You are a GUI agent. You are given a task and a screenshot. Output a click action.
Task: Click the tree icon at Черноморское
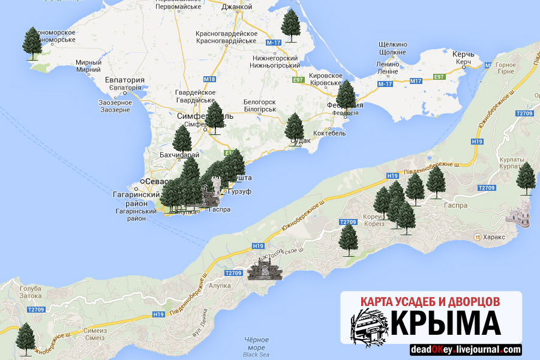[32, 43]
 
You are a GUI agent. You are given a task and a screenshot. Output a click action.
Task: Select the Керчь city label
[464, 55]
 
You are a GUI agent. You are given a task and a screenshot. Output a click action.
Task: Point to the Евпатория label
[125, 80]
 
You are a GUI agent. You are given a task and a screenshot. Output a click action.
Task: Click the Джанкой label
[237, 7]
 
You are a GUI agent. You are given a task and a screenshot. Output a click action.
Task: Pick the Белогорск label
[260, 102]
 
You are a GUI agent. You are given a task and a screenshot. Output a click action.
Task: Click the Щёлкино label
[393, 44]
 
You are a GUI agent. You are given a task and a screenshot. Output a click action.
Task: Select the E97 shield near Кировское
[298, 79]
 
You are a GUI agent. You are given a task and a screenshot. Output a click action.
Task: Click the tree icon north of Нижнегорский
[291, 26]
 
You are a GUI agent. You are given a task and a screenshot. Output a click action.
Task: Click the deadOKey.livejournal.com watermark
[466, 350]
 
